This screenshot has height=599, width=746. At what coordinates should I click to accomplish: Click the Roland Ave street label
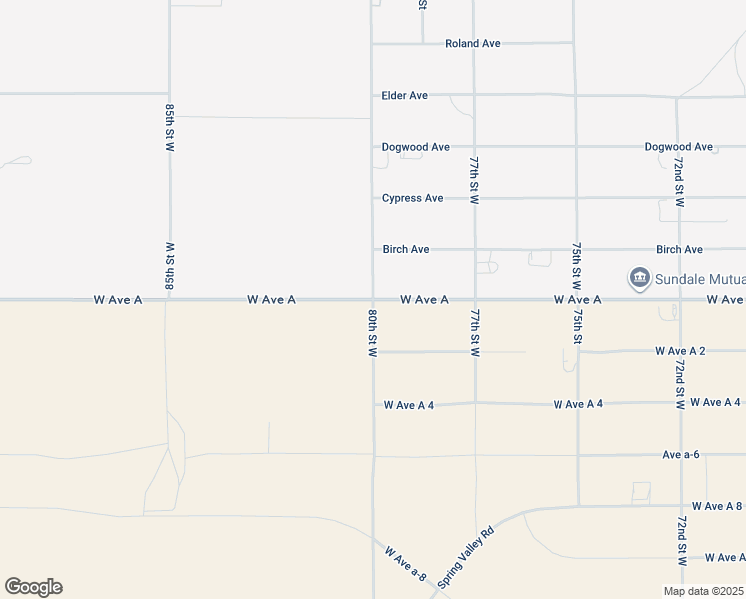pyautogui.click(x=472, y=44)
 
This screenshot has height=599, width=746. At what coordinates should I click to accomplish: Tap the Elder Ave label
pyautogui.click(x=404, y=96)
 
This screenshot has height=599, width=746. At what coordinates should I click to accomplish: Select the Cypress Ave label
pyautogui.click(x=412, y=198)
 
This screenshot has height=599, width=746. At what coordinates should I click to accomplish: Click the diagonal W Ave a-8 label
pyautogui.click(x=405, y=563)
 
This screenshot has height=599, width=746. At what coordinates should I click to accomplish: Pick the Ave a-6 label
pyautogui.click(x=680, y=455)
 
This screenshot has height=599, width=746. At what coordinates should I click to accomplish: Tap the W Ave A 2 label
pyautogui.click(x=680, y=351)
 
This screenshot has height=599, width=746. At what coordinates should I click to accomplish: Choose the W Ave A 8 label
pyautogui.click(x=716, y=506)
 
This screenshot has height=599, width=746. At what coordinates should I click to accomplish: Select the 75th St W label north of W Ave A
pyautogui.click(x=577, y=265)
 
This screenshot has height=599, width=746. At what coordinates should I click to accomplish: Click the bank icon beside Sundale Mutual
pyautogui.click(x=638, y=277)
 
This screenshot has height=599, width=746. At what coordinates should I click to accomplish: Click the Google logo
pyautogui.click(x=33, y=587)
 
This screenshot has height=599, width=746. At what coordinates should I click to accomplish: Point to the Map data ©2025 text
pyautogui.click(x=703, y=591)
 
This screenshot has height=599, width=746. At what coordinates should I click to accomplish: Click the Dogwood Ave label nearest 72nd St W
pyautogui.click(x=678, y=147)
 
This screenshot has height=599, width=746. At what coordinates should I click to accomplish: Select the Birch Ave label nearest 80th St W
pyautogui.click(x=405, y=249)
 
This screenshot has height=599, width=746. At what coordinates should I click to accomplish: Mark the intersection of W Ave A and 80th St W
pyautogui.click(x=372, y=299)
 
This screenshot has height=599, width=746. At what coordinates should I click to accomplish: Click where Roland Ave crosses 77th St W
pyautogui.click(x=474, y=44)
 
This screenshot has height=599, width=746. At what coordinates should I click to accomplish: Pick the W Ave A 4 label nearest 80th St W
pyautogui.click(x=409, y=405)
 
